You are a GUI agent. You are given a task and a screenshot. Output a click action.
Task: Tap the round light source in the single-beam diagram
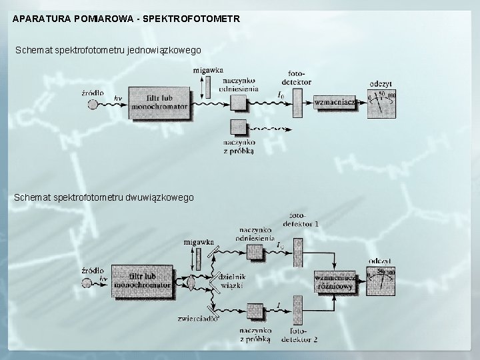(x=92, y=103)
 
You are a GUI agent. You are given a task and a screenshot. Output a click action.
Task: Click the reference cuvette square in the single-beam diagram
(x=238, y=101)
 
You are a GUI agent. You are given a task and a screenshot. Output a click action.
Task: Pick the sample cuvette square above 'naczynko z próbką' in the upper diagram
(x=238, y=127)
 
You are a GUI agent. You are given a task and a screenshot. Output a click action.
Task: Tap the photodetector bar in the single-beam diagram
(x=297, y=101)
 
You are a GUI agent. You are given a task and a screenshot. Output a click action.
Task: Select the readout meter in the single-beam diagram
(x=382, y=102)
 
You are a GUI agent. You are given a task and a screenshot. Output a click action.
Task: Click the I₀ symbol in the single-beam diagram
(x=281, y=95)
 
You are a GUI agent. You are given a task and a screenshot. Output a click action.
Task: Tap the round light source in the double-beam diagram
(x=86, y=283)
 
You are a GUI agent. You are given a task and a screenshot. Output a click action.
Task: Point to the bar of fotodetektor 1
(x=298, y=252)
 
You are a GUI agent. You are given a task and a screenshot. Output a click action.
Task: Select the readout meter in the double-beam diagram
(x=381, y=281)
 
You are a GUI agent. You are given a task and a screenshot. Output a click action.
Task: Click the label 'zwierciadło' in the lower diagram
(x=195, y=319)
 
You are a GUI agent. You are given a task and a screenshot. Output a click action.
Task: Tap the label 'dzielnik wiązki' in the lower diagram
(x=233, y=281)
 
